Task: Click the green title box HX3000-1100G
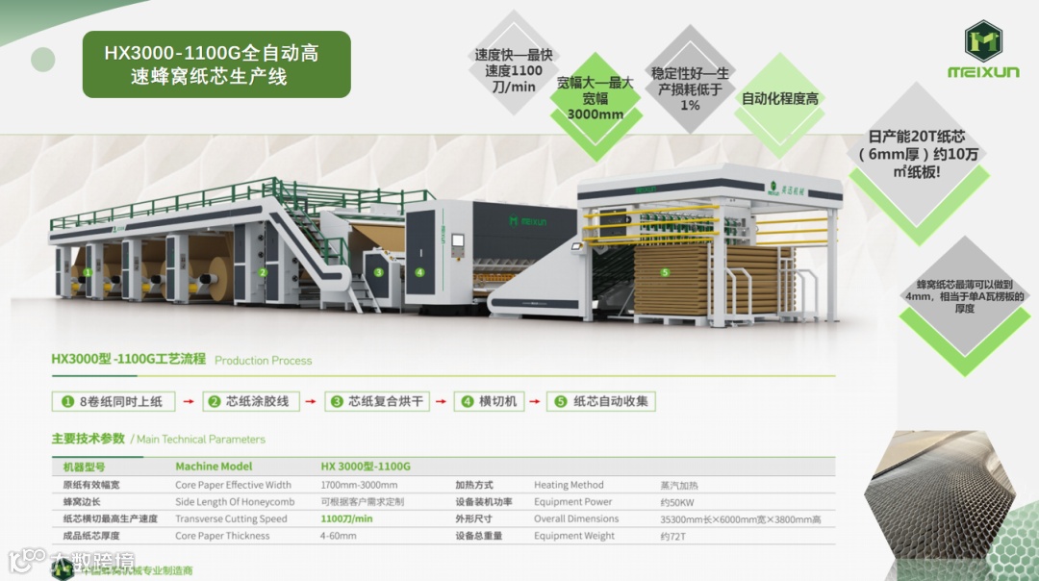pyautogui.click(x=215, y=64)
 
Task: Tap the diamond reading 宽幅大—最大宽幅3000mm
pyautogui.click(x=595, y=98)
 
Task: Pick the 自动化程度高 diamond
pyautogui.click(x=779, y=99)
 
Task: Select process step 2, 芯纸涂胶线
pyautogui.click(x=253, y=401)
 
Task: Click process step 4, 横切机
pyautogui.click(x=490, y=401)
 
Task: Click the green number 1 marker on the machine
pyautogui.click(x=88, y=272)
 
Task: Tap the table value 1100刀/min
pyautogui.click(x=346, y=519)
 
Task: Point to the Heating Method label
pyautogui.click(x=569, y=485)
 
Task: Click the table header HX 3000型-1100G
pyautogui.click(x=366, y=467)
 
